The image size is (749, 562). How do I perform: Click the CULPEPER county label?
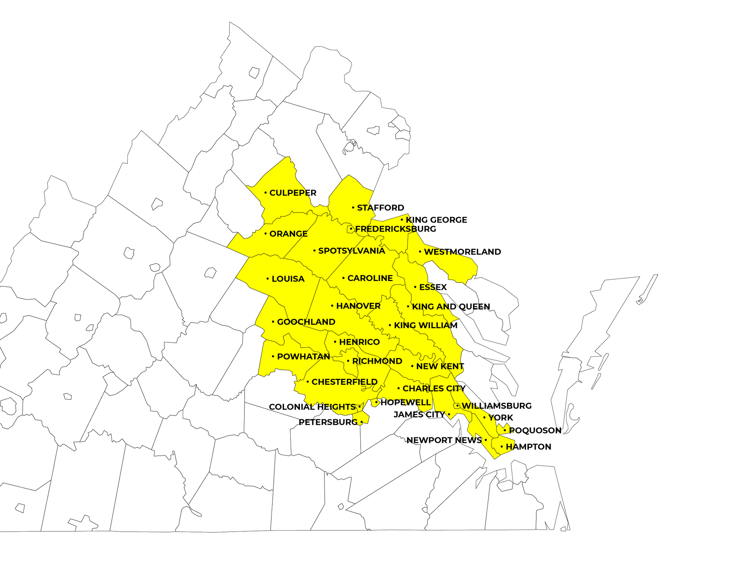click(x=293, y=193)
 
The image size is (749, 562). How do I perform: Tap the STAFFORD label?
click(x=380, y=208)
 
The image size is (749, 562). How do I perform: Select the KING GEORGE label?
click(x=437, y=220)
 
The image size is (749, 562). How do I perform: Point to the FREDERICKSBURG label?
click(x=395, y=229)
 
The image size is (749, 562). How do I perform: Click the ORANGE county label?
click(x=288, y=234)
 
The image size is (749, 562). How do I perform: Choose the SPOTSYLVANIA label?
click(x=351, y=251)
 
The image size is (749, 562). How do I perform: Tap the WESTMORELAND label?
click(x=463, y=252)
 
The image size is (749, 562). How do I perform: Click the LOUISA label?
click(x=288, y=279)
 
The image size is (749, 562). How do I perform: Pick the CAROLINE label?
click(x=370, y=278)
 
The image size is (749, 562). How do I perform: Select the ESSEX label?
click(x=433, y=287)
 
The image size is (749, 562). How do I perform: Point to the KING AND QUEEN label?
click(x=451, y=307)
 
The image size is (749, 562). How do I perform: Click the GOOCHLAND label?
click(x=306, y=322)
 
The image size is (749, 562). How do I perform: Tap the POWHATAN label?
click(x=303, y=357)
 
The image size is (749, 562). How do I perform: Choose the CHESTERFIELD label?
click(x=345, y=382)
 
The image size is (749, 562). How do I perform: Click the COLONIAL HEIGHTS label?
click(x=312, y=407)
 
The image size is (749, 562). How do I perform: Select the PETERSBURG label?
click(x=328, y=422)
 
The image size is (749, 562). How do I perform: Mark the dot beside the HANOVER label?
click(x=332, y=306)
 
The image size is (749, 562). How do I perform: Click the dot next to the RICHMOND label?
click(x=348, y=361)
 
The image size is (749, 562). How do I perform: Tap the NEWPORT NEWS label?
click(x=444, y=440)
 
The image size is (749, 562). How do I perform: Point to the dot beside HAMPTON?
click(x=502, y=447)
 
